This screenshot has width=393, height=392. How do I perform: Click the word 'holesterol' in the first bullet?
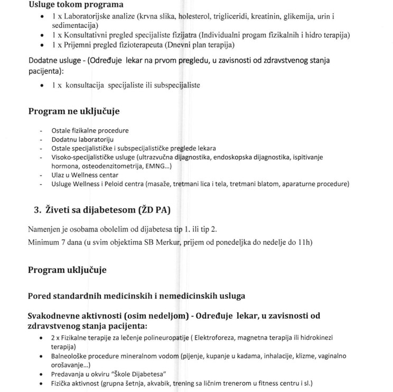pos(195,17)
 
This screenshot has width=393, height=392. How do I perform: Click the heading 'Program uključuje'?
pos(67,270)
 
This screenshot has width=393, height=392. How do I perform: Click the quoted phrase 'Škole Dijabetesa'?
pos(139,373)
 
